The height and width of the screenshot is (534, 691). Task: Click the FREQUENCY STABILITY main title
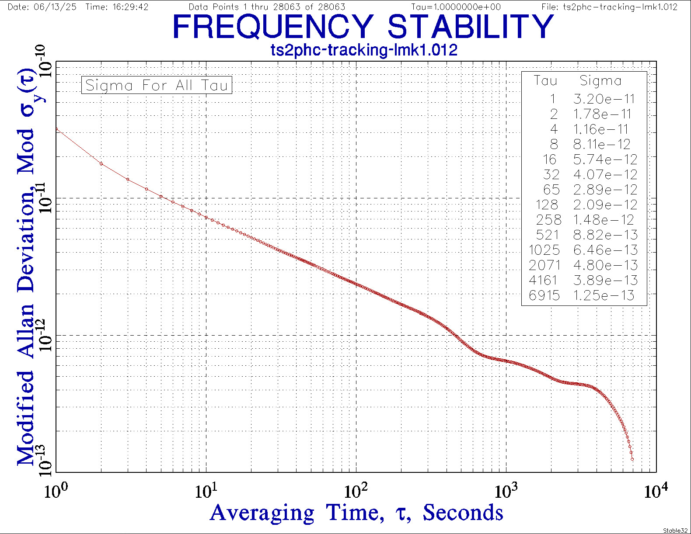(363, 27)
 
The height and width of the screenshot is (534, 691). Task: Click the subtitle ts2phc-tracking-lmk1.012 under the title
(364, 50)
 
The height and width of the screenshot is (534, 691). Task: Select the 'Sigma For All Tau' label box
(157, 85)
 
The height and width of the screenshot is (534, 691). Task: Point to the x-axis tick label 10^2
(356, 491)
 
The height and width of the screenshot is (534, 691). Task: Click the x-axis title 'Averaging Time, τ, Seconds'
(356, 512)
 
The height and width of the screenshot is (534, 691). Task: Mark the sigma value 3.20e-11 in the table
(604, 99)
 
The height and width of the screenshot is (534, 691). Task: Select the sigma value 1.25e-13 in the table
(604, 295)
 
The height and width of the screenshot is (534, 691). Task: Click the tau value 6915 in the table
(544, 295)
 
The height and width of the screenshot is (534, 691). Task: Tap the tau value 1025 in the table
(544, 250)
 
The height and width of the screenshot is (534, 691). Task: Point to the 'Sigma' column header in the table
(600, 81)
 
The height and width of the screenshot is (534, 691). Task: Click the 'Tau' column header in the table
(545, 81)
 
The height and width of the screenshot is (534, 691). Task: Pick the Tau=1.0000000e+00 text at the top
(456, 7)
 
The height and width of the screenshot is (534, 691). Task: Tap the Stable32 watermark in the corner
(676, 531)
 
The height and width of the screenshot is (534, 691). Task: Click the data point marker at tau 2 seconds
(101, 164)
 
